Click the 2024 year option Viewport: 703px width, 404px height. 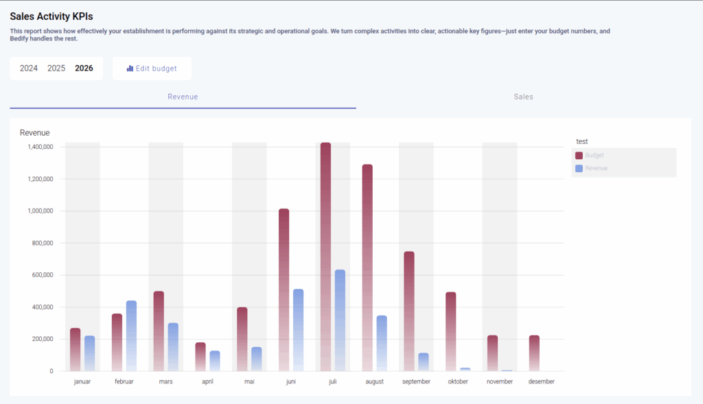[29, 69]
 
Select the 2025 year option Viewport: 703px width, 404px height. [56, 69]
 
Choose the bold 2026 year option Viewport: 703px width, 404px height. [84, 69]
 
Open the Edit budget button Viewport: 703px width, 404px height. [152, 69]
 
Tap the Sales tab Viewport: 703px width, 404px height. [523, 97]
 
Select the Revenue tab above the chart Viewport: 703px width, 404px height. [183, 97]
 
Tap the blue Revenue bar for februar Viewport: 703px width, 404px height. [131, 336]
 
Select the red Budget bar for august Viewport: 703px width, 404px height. [367, 268]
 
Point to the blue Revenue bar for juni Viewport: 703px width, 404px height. [298, 330]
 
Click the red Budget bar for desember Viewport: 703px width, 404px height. [534, 353]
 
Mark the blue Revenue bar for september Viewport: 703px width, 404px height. [423, 362]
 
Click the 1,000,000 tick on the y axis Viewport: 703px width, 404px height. [41, 211]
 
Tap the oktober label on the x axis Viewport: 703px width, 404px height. [458, 382]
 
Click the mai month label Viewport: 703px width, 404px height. [249, 382]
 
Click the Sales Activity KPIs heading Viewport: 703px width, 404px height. [51, 16]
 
